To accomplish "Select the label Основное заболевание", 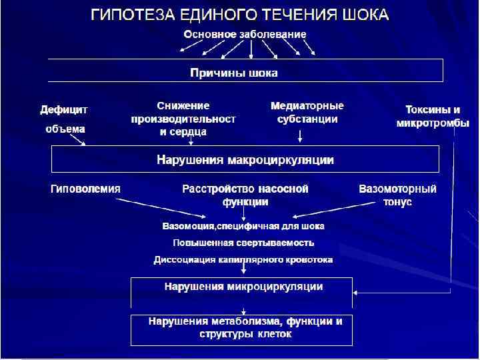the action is coord(245,33).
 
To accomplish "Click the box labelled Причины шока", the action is coord(245,71).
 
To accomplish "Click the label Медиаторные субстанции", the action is coord(307,113).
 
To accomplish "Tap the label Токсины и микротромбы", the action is coord(433,116).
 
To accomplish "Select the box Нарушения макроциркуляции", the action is coord(245,160).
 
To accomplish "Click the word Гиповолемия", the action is coord(86,189).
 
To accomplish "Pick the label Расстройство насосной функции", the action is coord(245,195).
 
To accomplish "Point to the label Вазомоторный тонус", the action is coord(398,195).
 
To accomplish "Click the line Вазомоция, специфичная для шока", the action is coord(244,227).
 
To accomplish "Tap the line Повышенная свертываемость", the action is coord(243,243).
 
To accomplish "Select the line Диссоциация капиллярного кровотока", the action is coord(243,259).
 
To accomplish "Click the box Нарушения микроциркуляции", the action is coord(243,287).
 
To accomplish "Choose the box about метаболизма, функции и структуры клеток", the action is coord(243,329).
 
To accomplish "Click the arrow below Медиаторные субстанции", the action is coord(301,136).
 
